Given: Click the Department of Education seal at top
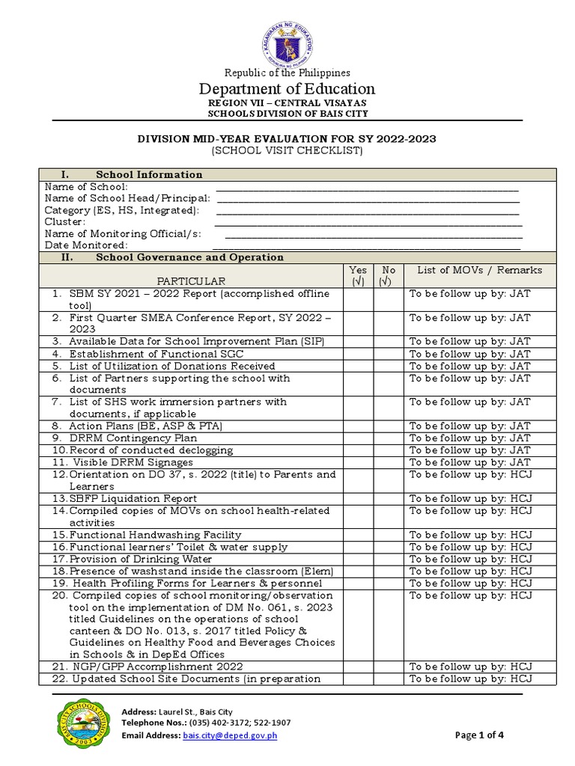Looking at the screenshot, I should [x=287, y=41].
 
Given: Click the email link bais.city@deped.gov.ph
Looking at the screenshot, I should [x=229, y=735].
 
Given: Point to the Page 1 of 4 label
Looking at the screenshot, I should [x=479, y=735].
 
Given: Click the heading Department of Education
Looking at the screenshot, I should [x=287, y=88].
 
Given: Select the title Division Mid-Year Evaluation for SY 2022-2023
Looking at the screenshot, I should [x=287, y=138].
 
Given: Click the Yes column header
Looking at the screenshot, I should [x=358, y=275].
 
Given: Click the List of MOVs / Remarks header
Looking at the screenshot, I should [x=479, y=270].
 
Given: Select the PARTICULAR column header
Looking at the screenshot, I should [x=189, y=281].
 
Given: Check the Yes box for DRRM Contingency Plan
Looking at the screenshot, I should [x=358, y=438].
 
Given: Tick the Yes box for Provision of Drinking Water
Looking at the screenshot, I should [x=358, y=560].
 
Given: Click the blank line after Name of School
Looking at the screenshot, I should [x=367, y=187].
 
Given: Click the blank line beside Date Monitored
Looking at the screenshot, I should [x=367, y=245].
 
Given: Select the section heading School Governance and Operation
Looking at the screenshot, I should [x=189, y=257].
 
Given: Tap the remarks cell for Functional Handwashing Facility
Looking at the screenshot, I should [x=479, y=535].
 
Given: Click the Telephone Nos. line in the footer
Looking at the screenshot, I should [x=207, y=723].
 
